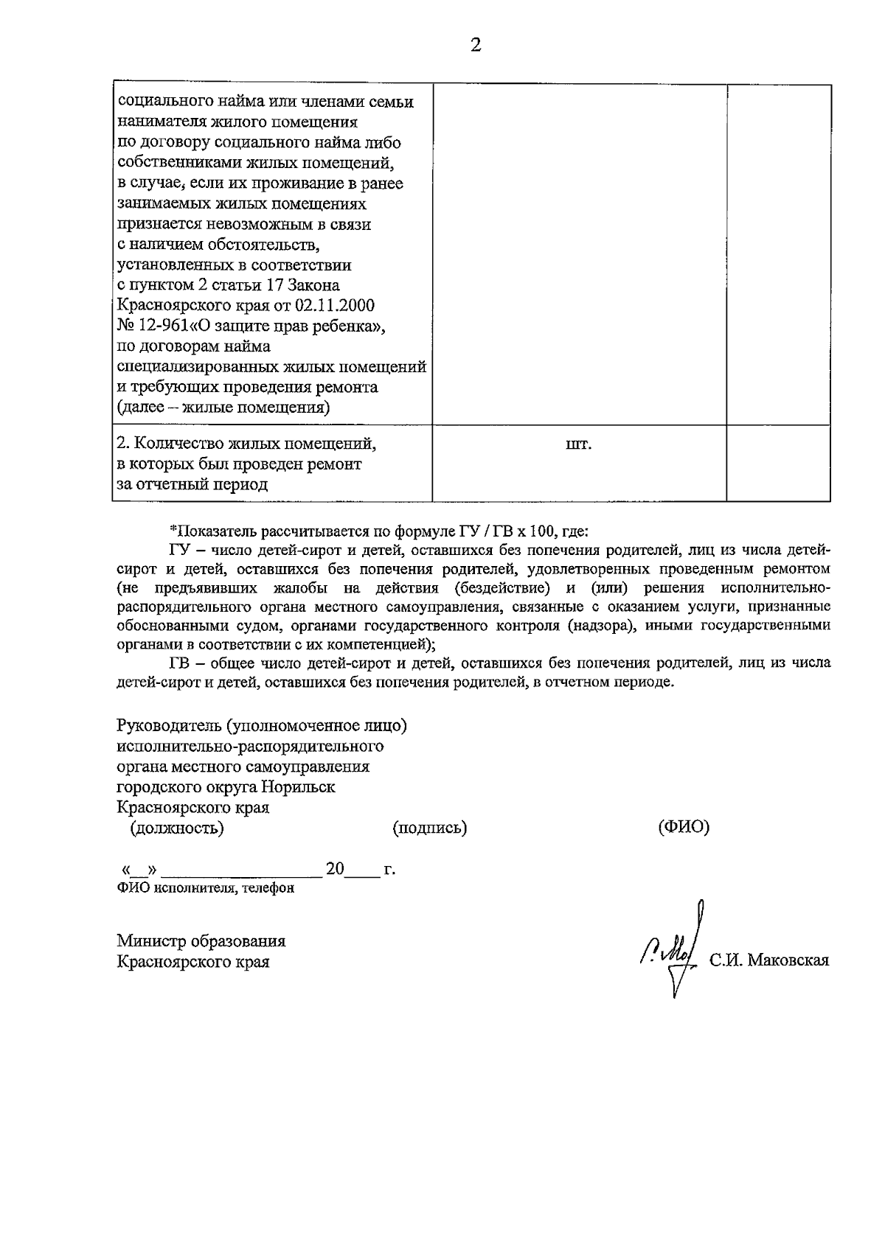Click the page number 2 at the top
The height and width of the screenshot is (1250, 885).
(x=475, y=46)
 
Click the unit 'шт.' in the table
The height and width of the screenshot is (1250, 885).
(x=579, y=445)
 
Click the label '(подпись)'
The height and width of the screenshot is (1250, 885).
(x=430, y=828)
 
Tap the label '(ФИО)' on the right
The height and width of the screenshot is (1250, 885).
(x=683, y=827)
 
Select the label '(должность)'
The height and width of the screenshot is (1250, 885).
(x=177, y=828)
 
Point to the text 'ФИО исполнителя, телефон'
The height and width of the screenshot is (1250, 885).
(x=205, y=888)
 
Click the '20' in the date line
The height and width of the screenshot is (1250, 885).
(x=335, y=869)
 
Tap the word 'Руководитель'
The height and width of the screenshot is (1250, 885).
(x=169, y=725)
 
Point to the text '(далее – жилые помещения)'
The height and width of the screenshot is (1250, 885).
(x=223, y=408)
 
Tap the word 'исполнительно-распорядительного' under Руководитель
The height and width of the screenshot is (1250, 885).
(x=250, y=746)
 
